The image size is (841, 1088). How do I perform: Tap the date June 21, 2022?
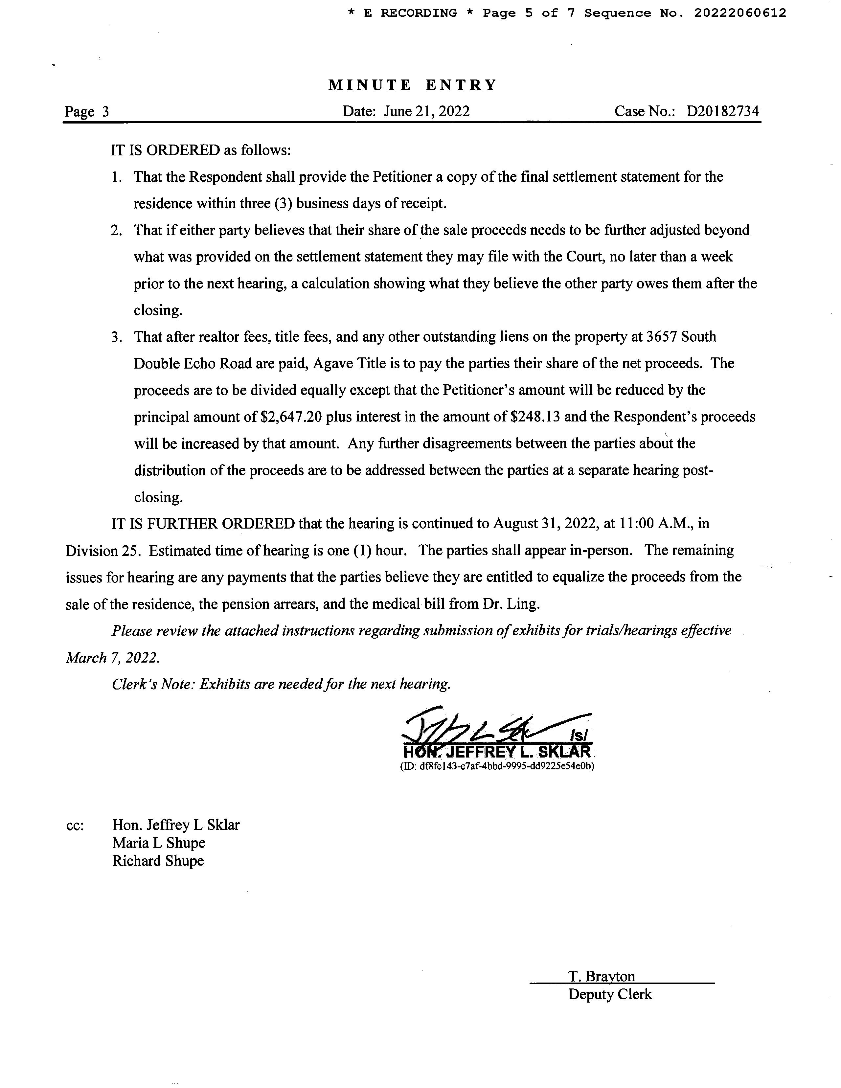(x=426, y=111)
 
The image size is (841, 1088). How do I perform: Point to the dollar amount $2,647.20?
(x=291, y=417)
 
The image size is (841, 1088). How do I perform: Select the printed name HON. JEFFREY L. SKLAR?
(x=497, y=752)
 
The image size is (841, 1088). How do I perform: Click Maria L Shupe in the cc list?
(x=158, y=843)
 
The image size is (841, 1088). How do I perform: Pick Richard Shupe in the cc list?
(x=158, y=861)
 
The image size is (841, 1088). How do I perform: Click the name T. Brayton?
(x=602, y=976)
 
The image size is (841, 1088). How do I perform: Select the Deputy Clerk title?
(x=609, y=994)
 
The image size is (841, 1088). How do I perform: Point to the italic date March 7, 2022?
(x=113, y=658)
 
